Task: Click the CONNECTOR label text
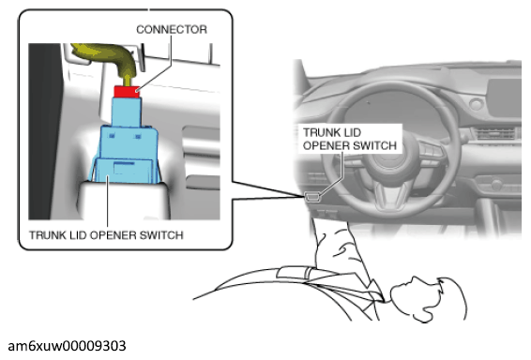[x=172, y=29]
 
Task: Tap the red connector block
[x=127, y=91]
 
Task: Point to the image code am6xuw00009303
[x=67, y=346]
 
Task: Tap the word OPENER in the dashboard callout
[x=326, y=145]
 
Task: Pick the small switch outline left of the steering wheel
[x=311, y=197]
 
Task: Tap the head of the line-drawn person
[x=429, y=299]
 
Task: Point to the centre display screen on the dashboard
[x=504, y=99]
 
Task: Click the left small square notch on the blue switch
[x=112, y=136]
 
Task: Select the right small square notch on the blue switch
[x=138, y=136]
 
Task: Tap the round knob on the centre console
[x=496, y=185]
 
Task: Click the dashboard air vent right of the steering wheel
[x=493, y=133]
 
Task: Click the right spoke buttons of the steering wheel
[x=431, y=152]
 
